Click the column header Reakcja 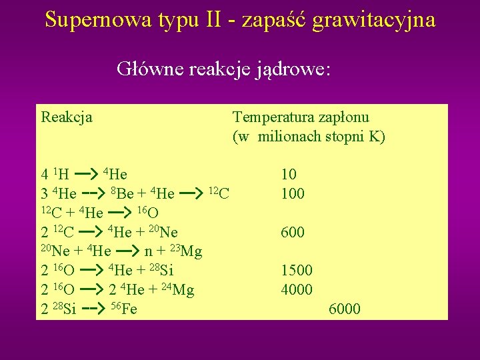pos(67,118)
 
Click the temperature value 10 pos(289,175)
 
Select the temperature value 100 pos(293,194)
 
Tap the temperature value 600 pos(293,233)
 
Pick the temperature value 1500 pos(297,271)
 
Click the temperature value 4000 pos(297,290)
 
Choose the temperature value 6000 pos(345,309)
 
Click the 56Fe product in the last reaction pos(124,309)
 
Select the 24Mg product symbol pos(177,290)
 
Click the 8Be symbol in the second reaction pos(122,194)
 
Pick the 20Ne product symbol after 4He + pos(163,233)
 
